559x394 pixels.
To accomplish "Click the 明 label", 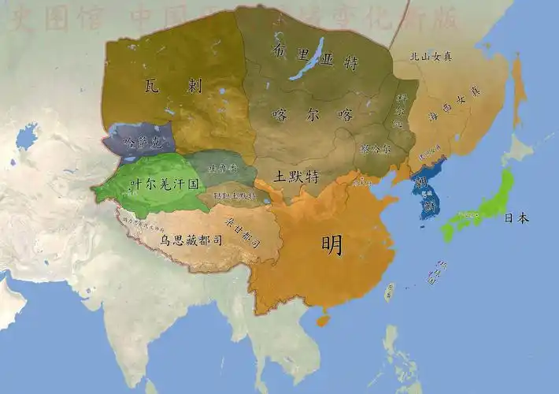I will pyautogui.click(x=332, y=245).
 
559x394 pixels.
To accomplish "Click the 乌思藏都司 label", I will pyautogui.click(x=185, y=238).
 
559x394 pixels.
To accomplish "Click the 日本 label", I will pyautogui.click(x=516, y=217).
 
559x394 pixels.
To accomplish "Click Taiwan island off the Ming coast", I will pyautogui.click(x=388, y=292).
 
